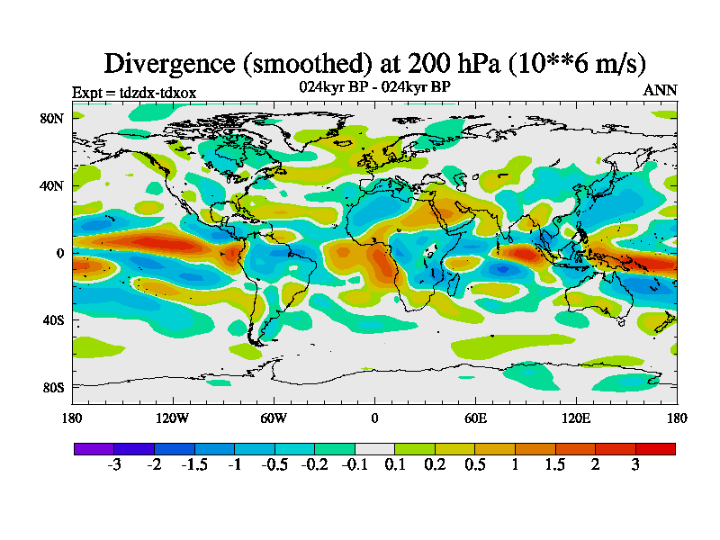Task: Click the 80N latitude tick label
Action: coord(52,118)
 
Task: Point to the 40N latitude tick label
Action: coord(52,185)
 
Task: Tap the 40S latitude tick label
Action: coord(52,319)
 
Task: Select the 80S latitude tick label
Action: coord(52,387)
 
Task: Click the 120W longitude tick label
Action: coord(173,418)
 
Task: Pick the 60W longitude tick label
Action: coord(274,418)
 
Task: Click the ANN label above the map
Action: coord(660,91)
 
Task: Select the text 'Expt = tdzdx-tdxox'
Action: coord(133,92)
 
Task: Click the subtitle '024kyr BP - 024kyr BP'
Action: coord(374,87)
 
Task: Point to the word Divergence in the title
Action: coord(166,63)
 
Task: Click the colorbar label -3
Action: coord(113,464)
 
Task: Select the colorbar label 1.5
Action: coord(555,464)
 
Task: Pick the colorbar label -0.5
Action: coord(274,464)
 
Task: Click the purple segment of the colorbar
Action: coord(94,448)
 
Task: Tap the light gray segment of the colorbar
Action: coord(374,448)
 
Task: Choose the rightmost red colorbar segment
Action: coord(655,448)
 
